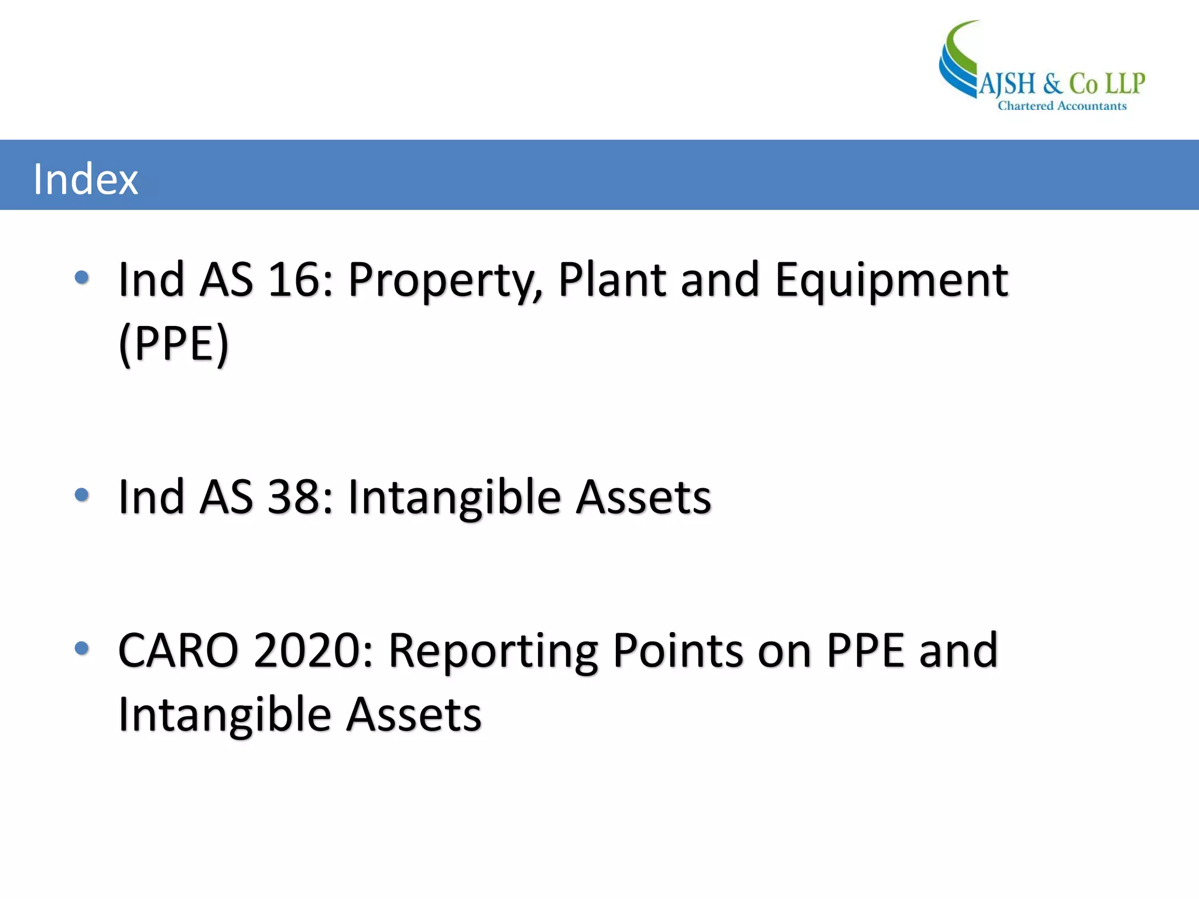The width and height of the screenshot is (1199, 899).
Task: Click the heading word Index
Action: pos(85,179)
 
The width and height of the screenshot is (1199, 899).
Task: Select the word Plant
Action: pos(612,280)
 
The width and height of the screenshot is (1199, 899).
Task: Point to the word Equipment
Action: pos(891,281)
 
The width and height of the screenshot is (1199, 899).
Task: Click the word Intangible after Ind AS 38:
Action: pos(454,498)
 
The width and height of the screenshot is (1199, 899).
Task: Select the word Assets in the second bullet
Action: pos(643,497)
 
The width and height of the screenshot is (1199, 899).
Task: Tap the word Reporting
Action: pos(493,651)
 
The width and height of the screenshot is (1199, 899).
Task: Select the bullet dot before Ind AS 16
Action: pos(82,277)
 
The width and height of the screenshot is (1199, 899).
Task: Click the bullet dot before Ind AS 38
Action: pos(82,495)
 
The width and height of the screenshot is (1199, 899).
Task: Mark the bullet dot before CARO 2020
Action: pos(82,648)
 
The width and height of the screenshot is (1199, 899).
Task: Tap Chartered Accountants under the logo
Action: pos(1062,106)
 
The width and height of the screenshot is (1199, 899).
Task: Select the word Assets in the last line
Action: pos(413,715)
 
